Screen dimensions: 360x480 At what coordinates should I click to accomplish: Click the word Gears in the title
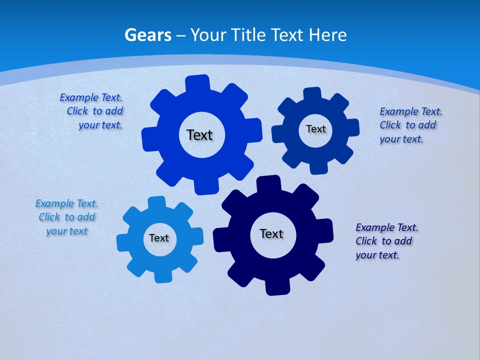pos(148,35)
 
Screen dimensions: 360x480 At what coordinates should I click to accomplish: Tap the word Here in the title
pos(327,35)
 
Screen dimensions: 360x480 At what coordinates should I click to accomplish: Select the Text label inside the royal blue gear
pos(199,135)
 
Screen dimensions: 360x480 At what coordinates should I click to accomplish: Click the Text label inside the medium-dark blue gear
pos(315,129)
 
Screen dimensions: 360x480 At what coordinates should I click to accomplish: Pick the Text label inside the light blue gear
pos(159,238)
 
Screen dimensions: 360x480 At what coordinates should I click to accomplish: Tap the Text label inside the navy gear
pos(271,233)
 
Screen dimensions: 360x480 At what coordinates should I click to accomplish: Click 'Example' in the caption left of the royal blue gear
pos(78,97)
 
